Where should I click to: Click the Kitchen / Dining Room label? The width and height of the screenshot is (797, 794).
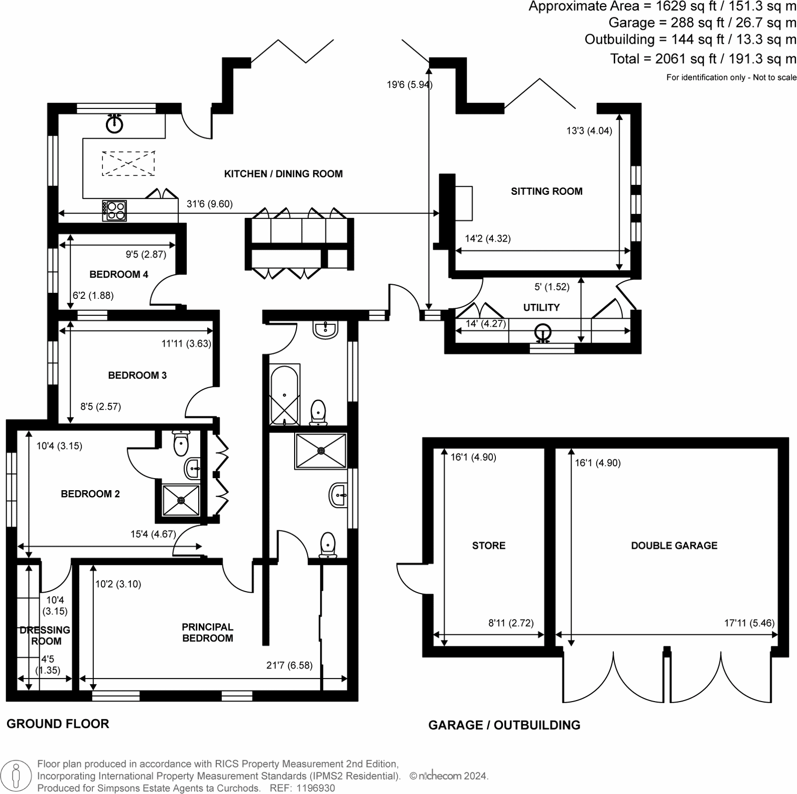point(283,174)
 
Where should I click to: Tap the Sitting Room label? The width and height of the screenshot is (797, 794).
point(546,191)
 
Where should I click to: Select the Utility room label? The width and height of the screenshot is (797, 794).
point(541,307)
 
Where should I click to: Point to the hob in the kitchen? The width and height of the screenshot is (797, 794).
point(114,210)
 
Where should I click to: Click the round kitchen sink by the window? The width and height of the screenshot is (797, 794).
point(115,124)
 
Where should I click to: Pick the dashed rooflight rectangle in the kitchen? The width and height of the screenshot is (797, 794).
point(128,163)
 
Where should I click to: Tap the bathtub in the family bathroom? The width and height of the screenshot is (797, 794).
point(285,395)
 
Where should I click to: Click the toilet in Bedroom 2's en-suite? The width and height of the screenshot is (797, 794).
point(181,443)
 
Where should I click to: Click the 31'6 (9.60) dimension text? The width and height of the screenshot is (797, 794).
point(209,204)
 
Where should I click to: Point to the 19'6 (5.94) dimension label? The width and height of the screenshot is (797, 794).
point(409,84)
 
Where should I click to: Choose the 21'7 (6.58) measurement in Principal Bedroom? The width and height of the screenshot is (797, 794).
point(289,665)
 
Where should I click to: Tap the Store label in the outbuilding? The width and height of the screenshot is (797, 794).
point(488,545)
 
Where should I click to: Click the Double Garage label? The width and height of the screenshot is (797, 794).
point(674,545)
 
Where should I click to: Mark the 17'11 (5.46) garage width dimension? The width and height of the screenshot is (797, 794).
point(749,623)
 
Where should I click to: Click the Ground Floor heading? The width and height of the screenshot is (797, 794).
point(58,724)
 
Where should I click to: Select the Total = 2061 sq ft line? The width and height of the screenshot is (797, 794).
point(703,59)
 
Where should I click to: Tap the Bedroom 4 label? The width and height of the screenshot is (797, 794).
point(118,274)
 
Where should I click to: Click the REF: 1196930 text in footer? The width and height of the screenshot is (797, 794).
point(302,788)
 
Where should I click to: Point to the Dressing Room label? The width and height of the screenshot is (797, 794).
point(45,635)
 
